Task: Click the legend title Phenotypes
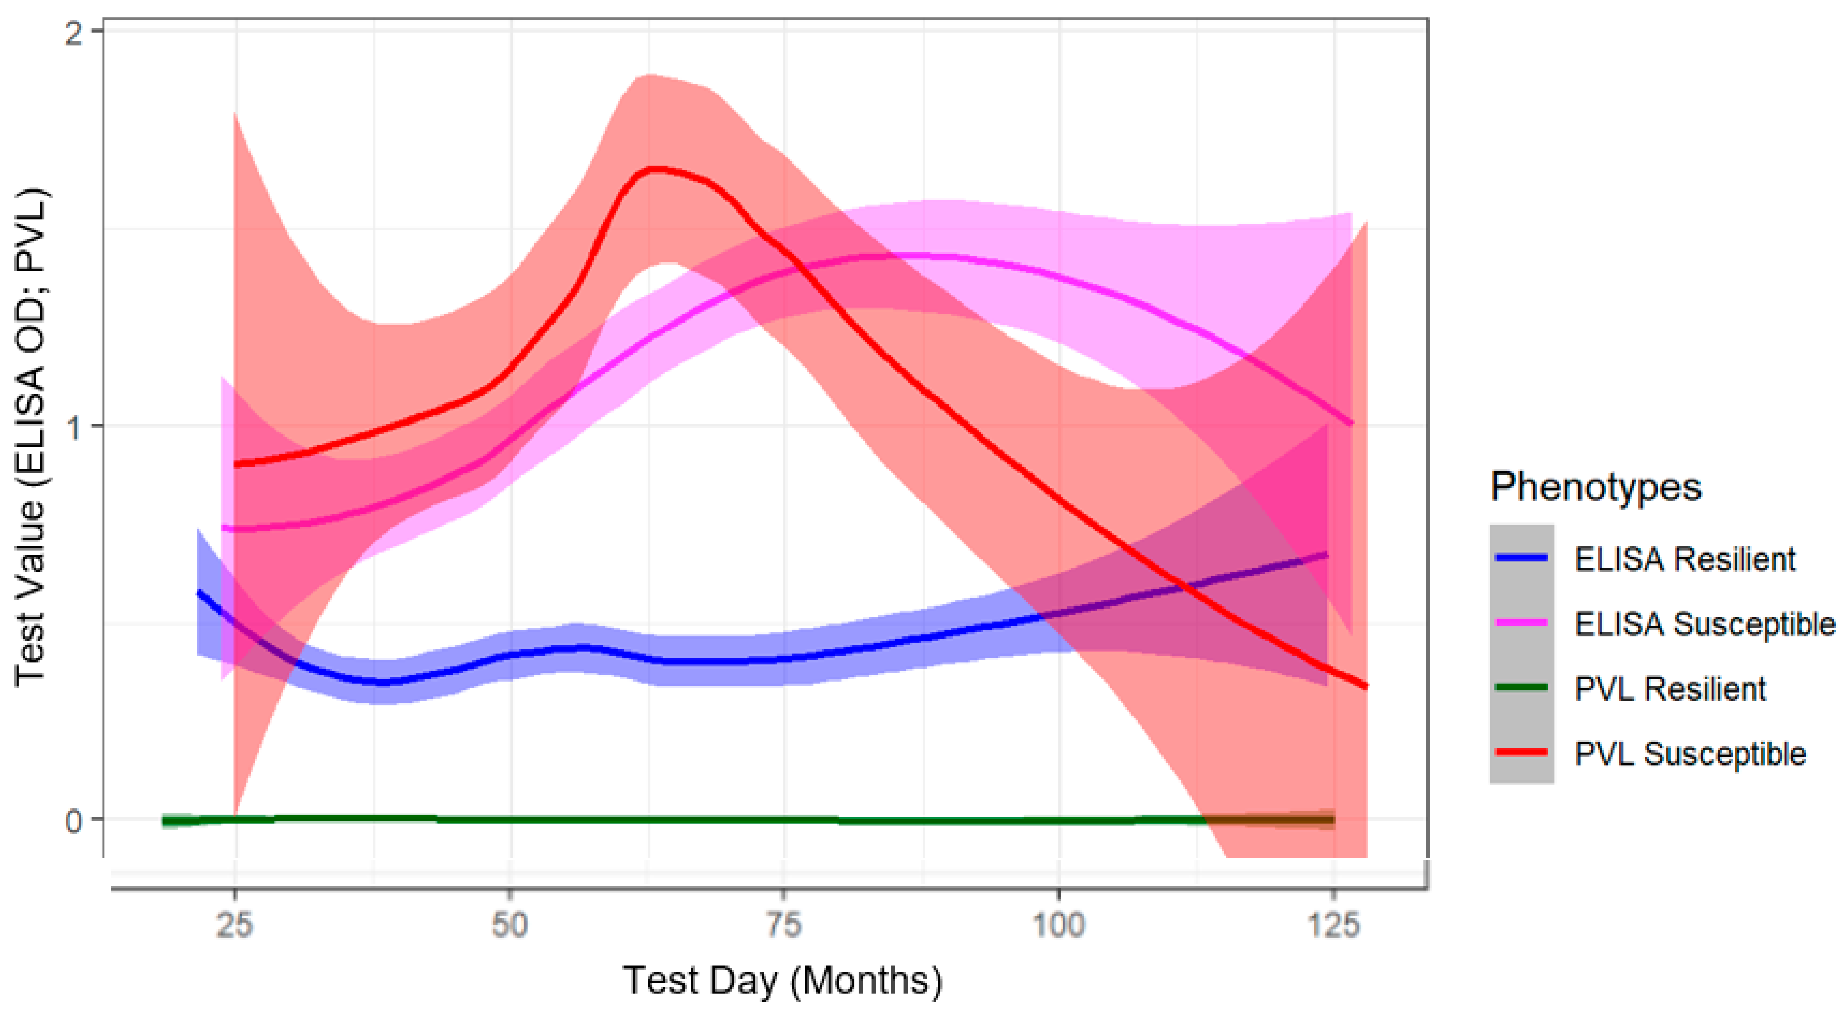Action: (1595, 487)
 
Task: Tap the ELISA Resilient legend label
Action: (1684, 559)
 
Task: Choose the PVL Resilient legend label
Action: (1670, 689)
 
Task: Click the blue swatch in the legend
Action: (1522, 558)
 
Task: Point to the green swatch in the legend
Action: (1522, 688)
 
